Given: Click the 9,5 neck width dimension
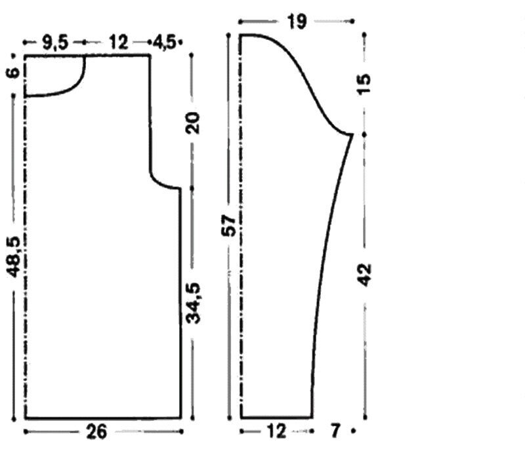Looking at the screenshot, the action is click(56, 43).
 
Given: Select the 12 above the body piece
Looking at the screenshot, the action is click(118, 43).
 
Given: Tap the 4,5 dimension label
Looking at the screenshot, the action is click(164, 43).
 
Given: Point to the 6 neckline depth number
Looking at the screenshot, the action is click(14, 72).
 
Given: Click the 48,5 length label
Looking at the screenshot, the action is click(14, 257).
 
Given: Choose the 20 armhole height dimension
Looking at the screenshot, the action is click(193, 123).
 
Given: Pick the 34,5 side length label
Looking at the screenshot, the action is click(193, 304).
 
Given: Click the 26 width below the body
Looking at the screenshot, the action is click(96, 431).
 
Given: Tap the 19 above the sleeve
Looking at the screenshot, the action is click(297, 22).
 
